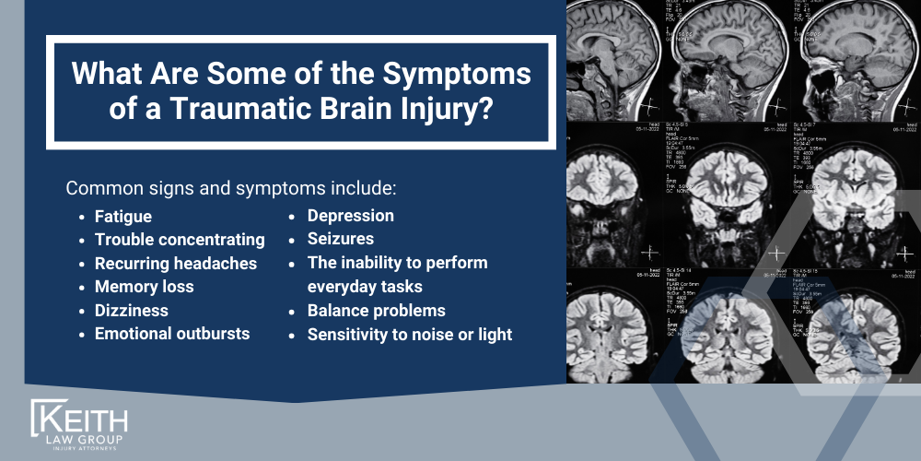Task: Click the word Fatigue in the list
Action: point(122,217)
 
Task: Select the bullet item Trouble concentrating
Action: point(179,240)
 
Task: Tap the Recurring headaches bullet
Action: point(175,264)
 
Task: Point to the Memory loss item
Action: point(144,287)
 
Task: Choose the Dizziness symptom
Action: point(132,311)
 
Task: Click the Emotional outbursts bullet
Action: point(171,334)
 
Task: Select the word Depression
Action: point(350,216)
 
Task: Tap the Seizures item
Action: point(340,239)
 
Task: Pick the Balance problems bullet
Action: point(376,311)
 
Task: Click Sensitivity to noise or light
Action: point(409,335)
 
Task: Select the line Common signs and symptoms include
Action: point(230,189)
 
